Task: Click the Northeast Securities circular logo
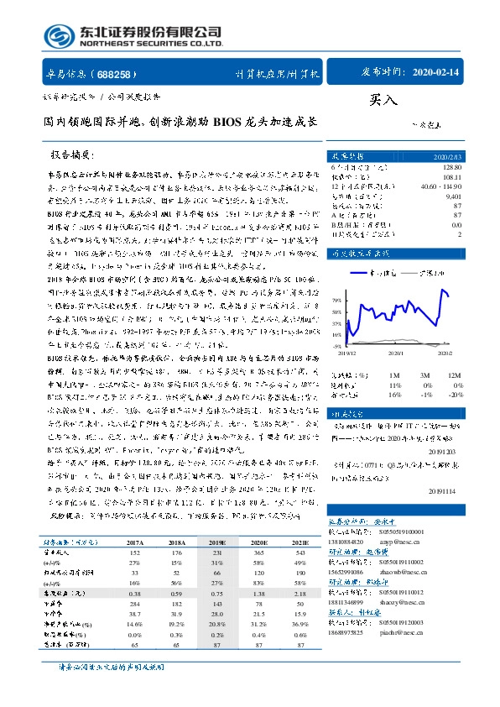[x=56, y=37]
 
